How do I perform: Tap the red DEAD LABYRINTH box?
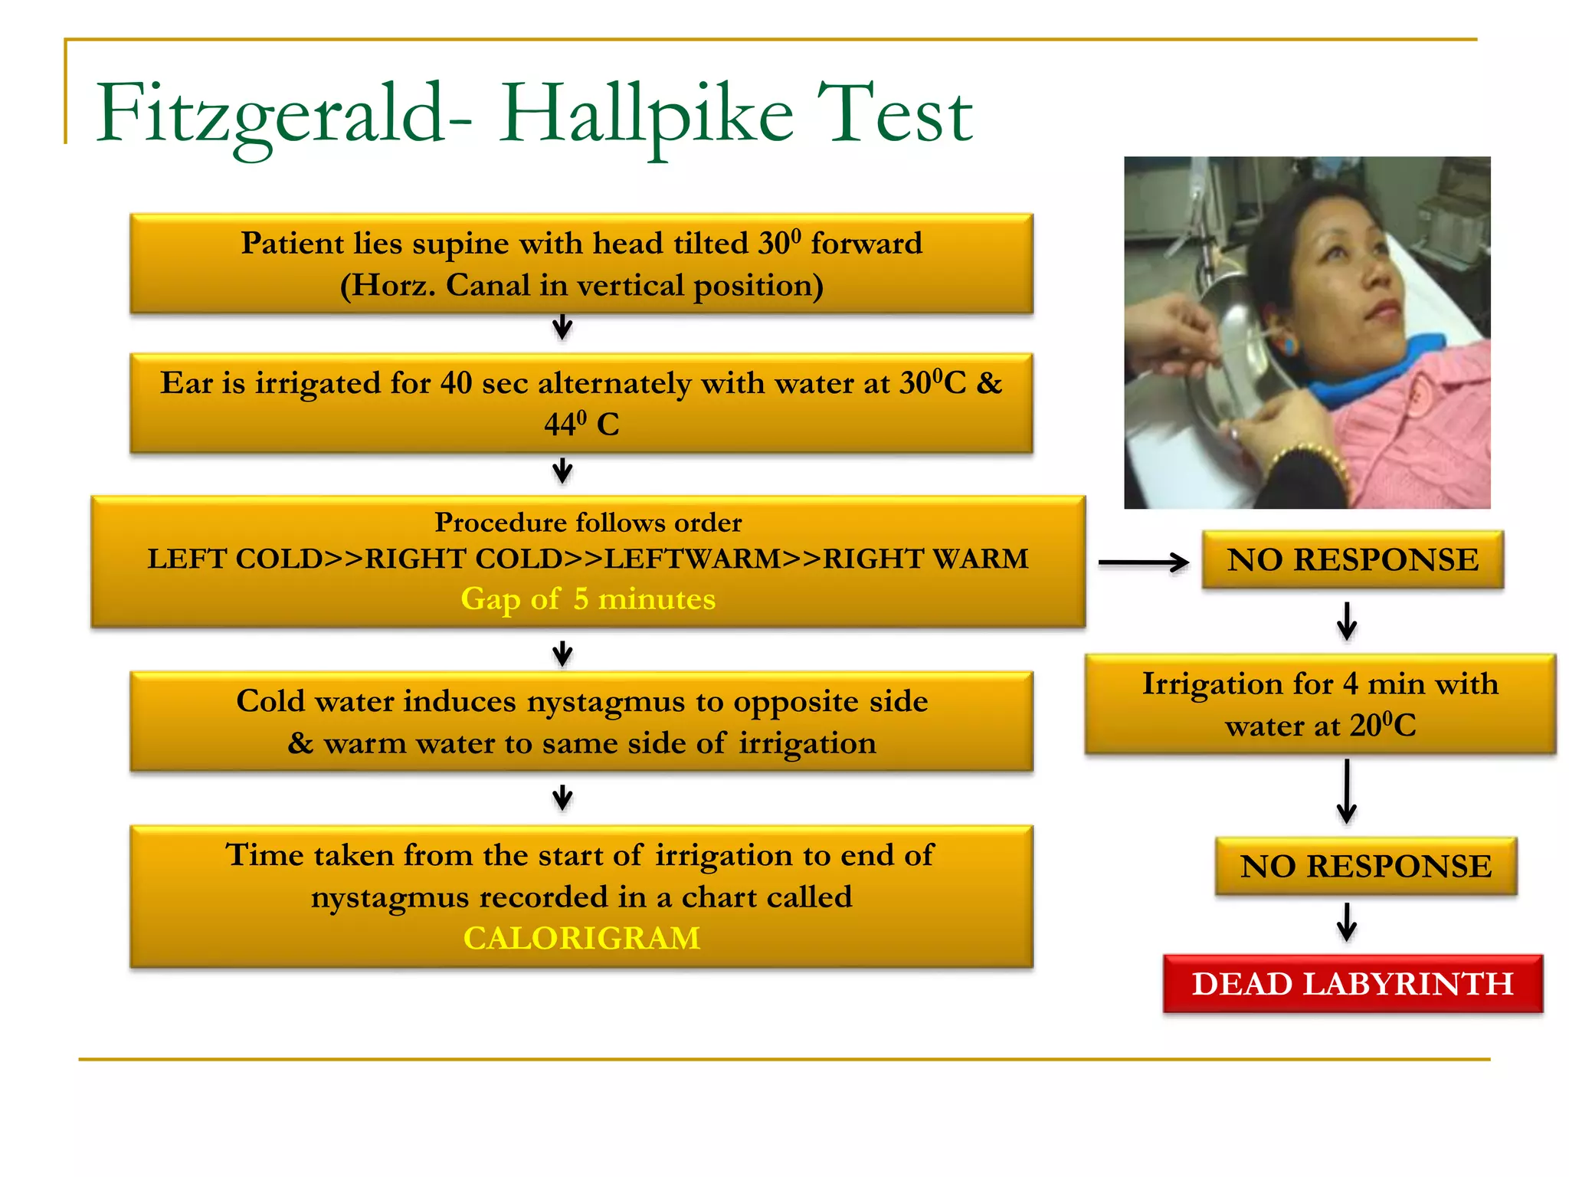(1352, 984)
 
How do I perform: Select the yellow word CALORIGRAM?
(581, 939)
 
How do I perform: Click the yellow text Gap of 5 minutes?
(588, 599)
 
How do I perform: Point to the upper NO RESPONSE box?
(1352, 560)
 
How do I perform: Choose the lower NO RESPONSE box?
(1365, 867)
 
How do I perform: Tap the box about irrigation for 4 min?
(1320, 704)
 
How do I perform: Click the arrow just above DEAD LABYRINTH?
(1346, 922)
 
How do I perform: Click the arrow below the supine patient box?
(562, 327)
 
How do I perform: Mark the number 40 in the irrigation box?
(456, 383)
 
